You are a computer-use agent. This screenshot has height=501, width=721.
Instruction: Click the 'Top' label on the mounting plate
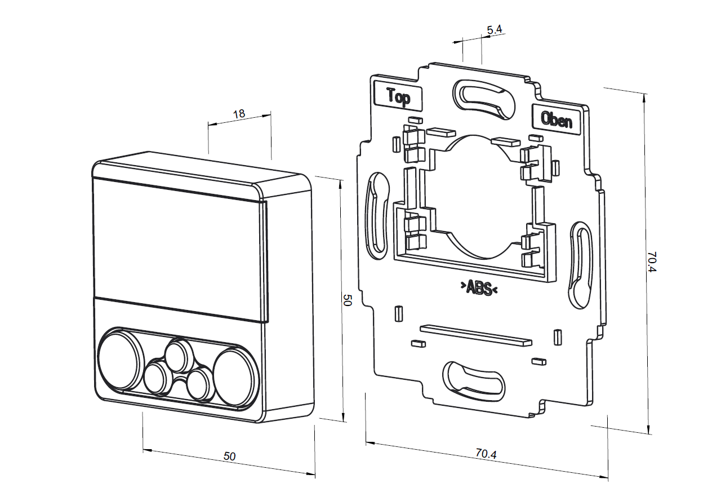pyautogui.click(x=398, y=97)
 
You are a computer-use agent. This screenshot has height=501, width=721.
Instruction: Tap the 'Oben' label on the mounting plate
pyautogui.click(x=556, y=119)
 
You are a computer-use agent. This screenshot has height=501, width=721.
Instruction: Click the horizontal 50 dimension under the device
pyautogui.click(x=229, y=456)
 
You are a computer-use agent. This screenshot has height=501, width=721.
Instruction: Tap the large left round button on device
pyautogui.click(x=119, y=360)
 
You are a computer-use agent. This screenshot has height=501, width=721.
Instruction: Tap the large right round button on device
pyautogui.click(x=232, y=376)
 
